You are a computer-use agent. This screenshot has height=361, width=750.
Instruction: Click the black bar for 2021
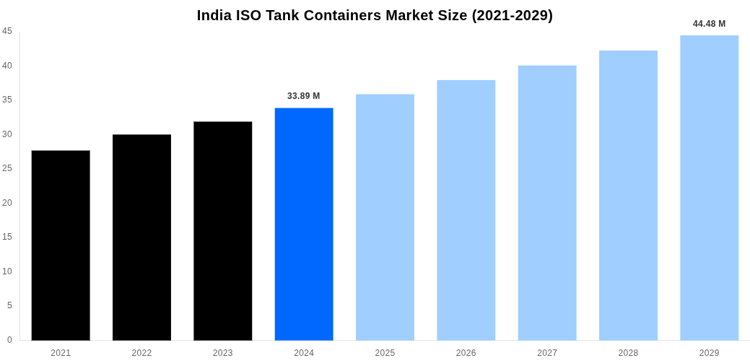click(61, 245)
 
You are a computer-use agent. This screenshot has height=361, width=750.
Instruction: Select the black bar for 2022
click(141, 238)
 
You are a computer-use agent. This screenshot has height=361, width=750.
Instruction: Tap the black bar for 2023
click(222, 231)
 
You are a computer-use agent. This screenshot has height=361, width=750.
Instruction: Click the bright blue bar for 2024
click(304, 224)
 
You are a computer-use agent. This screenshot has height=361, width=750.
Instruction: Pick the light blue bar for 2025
click(385, 217)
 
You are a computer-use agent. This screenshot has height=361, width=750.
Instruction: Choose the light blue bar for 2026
click(466, 210)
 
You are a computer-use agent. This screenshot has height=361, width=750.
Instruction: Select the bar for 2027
click(547, 203)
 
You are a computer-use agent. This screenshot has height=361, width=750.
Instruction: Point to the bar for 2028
click(628, 195)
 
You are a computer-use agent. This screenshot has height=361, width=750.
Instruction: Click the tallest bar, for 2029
click(709, 188)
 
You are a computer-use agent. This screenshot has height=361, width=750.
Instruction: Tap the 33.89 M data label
click(303, 96)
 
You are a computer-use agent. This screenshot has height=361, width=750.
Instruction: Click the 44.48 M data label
click(709, 24)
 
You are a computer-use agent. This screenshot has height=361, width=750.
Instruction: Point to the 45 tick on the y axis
click(7, 31)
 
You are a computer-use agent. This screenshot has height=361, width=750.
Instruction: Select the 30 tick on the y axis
click(7, 134)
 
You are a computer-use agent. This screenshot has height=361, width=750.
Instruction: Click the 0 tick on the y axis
click(9, 340)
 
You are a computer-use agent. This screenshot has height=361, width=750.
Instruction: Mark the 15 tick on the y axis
click(7, 237)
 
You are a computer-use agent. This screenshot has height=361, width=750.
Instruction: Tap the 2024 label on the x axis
click(304, 353)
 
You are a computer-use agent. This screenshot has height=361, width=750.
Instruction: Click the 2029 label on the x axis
click(709, 353)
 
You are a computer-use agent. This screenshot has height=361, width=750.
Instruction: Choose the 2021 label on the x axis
click(61, 353)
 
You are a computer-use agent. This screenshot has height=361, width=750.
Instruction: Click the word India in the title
click(214, 15)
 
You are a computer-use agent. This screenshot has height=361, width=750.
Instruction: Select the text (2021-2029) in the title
click(512, 15)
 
